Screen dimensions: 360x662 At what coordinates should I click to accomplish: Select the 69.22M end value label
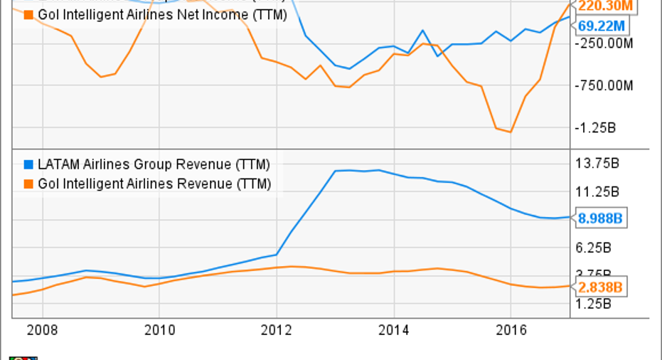pos(602,26)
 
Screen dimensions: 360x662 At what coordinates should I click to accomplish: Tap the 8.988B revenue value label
pos(600,218)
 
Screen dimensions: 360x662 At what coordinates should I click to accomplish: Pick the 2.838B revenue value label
pos(600,287)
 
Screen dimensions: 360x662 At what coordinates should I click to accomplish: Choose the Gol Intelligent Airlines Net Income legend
pos(162,14)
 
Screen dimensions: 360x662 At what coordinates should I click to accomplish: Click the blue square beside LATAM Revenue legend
pos(28,165)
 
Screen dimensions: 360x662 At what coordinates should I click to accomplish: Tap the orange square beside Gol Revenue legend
pos(28,184)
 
